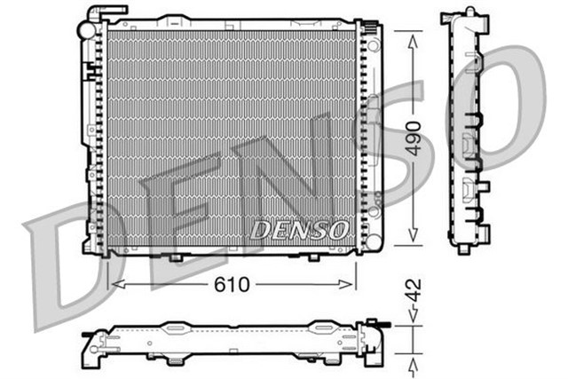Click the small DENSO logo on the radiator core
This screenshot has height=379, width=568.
click(x=298, y=230)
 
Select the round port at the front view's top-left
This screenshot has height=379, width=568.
click(x=86, y=29)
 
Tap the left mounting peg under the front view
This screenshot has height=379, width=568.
click(x=175, y=257)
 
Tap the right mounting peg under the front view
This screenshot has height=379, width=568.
click(x=312, y=257)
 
